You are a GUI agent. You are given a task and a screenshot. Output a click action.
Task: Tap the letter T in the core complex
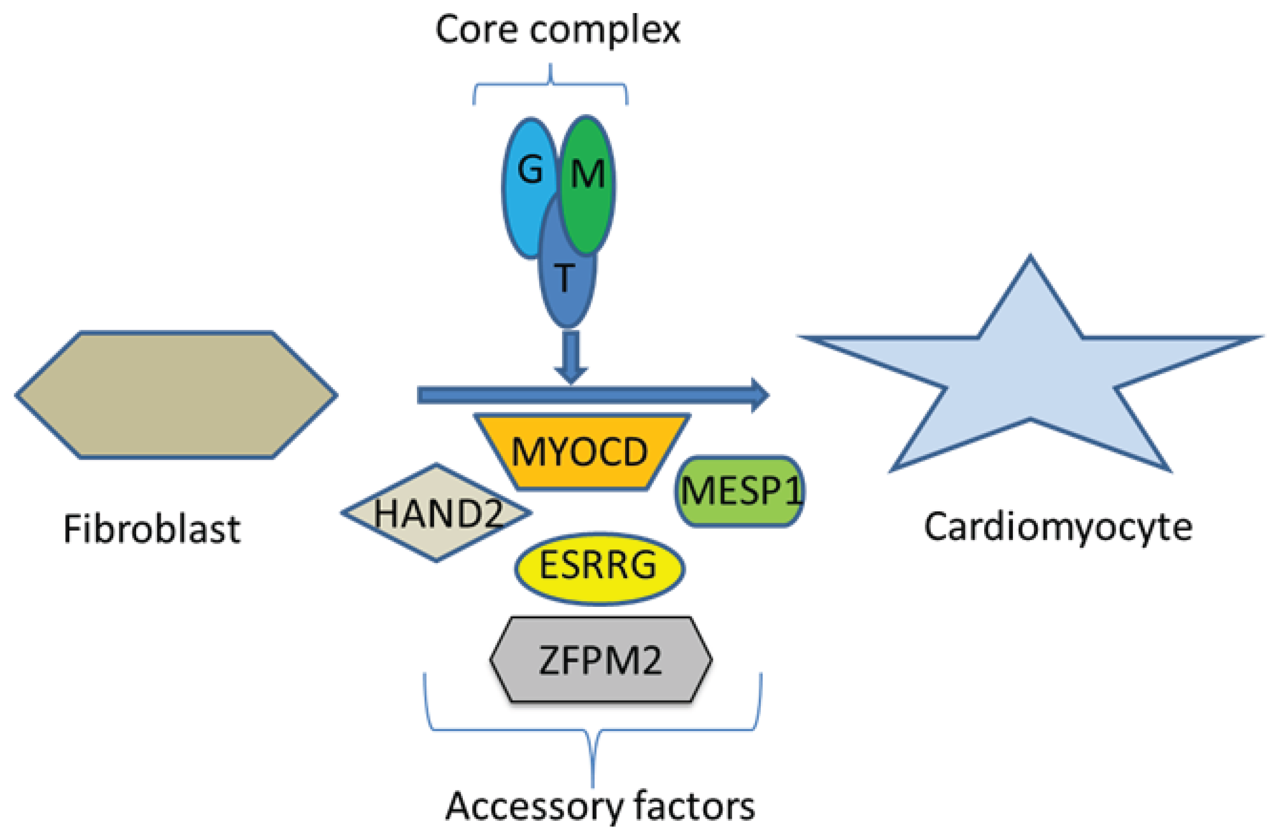click(564, 278)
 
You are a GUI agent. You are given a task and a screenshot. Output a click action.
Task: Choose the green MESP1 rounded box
click(740, 491)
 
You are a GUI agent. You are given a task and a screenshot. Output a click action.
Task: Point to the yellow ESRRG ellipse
click(600, 569)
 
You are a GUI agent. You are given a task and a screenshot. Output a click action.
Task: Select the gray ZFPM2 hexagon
click(601, 660)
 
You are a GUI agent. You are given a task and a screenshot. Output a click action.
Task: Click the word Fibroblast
click(152, 529)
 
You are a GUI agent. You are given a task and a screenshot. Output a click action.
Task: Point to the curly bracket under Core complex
click(550, 83)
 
